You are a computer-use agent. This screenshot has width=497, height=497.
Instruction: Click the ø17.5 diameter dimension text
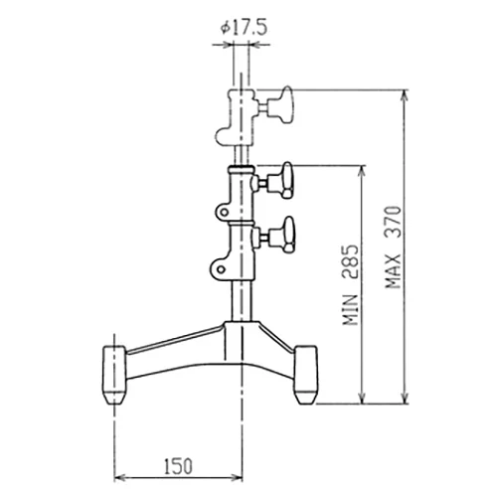click(244, 28)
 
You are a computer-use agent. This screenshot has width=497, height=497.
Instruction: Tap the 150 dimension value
click(178, 466)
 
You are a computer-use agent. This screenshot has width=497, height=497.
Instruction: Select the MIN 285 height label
click(351, 285)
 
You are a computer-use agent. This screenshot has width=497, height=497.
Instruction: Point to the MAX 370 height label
click(394, 247)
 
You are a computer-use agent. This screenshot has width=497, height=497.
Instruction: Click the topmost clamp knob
click(281, 105)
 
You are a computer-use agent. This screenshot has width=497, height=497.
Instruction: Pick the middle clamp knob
click(281, 180)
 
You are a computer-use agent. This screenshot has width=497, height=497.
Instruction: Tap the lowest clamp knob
click(281, 236)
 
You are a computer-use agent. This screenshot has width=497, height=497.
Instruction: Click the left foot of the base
click(114, 375)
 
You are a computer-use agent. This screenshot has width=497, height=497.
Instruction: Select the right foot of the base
click(306, 375)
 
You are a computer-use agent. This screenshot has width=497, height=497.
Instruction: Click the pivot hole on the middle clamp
click(225, 212)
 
